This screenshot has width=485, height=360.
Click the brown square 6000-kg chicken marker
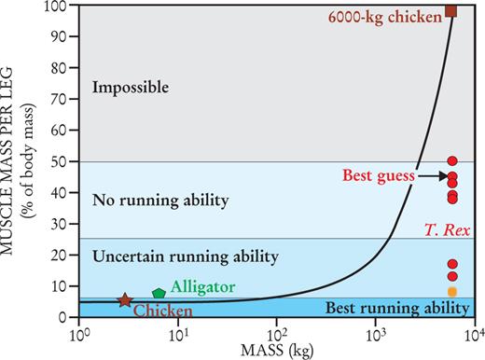(450, 11)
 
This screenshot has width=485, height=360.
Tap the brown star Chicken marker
(125, 300)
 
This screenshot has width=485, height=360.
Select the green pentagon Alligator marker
(159, 294)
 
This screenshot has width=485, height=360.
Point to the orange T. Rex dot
(452, 292)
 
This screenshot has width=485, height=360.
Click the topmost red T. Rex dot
(452, 161)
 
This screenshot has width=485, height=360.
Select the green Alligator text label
(201, 287)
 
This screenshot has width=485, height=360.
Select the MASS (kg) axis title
(277, 350)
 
